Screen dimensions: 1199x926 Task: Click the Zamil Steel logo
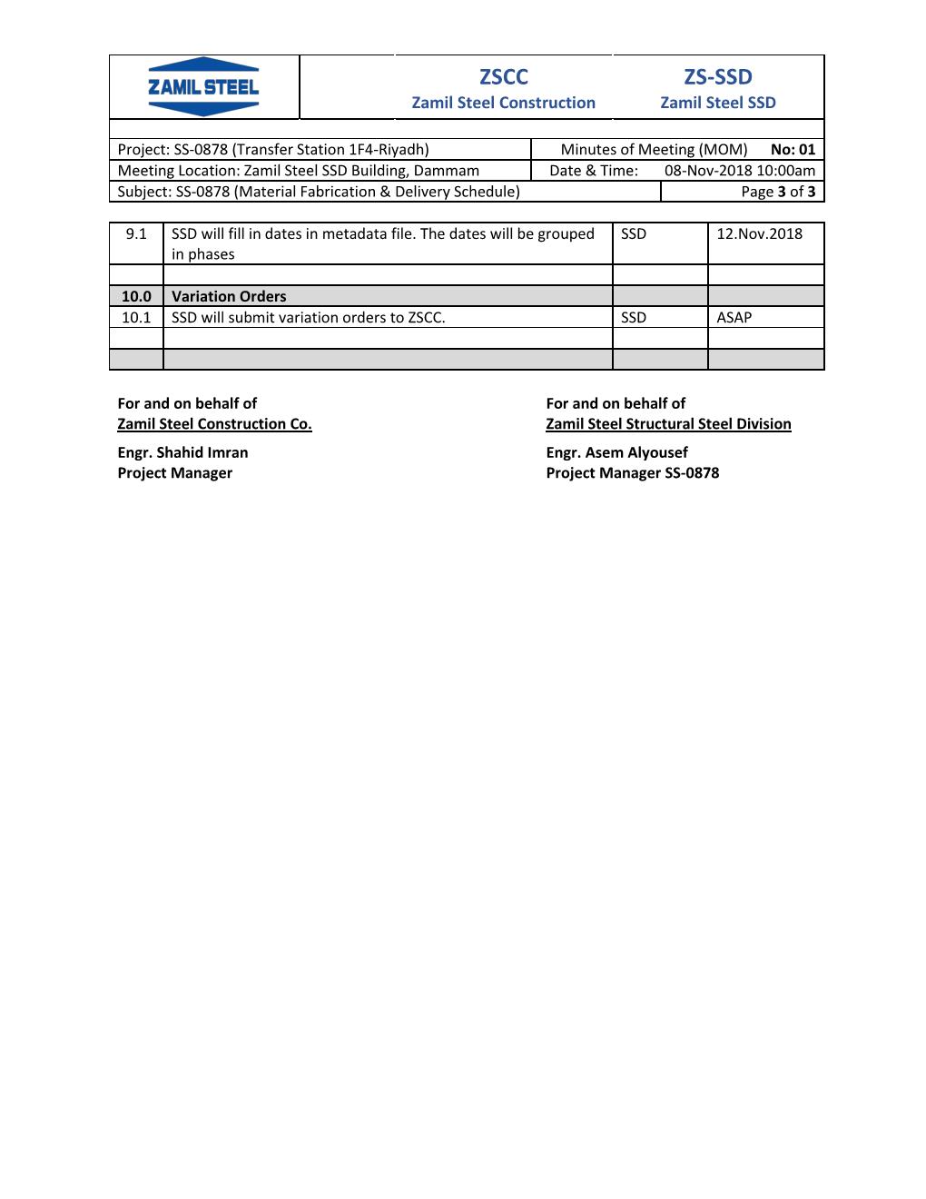pos(203,86)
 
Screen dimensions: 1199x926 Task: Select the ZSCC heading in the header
pos(503,76)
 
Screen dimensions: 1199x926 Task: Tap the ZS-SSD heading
pos(717,76)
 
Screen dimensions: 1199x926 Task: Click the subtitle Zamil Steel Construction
pos(503,103)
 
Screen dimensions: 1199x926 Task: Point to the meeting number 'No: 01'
pos(793,149)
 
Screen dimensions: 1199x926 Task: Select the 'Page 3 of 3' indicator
pos(778,191)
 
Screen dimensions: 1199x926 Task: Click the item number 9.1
pos(136,233)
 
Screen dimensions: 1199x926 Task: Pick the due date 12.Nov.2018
pos(759,233)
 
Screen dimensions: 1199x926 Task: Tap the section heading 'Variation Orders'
pos(229,296)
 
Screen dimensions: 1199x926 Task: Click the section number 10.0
pos(136,296)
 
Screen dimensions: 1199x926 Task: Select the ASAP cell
pos(734,317)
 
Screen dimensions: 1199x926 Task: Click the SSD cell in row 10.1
pos(634,317)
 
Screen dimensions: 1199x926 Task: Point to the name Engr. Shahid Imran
pos(182,452)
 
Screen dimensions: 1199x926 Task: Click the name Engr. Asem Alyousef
pos(616,452)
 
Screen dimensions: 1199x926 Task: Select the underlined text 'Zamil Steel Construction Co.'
pos(214,424)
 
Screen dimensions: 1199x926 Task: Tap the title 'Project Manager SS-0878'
pos(632,473)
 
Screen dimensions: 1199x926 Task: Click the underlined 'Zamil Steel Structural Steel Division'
pos(668,424)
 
